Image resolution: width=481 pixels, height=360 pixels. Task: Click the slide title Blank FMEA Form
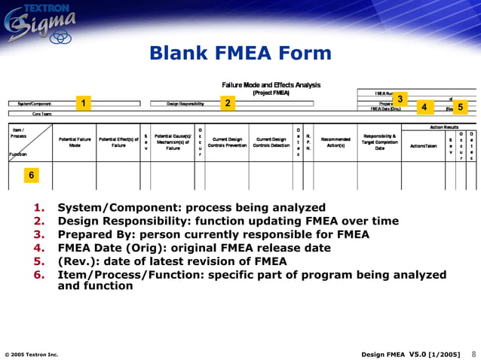click(240, 53)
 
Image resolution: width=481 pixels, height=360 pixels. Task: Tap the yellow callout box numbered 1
click(85, 102)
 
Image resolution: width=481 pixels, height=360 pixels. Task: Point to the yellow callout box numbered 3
click(400, 99)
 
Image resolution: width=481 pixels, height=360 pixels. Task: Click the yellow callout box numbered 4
click(424, 107)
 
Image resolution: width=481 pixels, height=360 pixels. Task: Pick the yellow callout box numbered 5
click(460, 107)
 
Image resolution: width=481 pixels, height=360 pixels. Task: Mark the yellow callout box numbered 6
click(31, 175)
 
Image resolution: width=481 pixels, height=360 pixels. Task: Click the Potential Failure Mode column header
click(75, 142)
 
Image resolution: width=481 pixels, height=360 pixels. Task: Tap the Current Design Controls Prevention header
click(227, 142)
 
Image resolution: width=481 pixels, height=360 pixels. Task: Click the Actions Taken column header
click(423, 146)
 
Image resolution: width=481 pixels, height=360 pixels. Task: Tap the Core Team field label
click(31, 113)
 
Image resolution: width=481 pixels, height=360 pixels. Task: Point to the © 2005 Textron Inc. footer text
click(32, 354)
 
